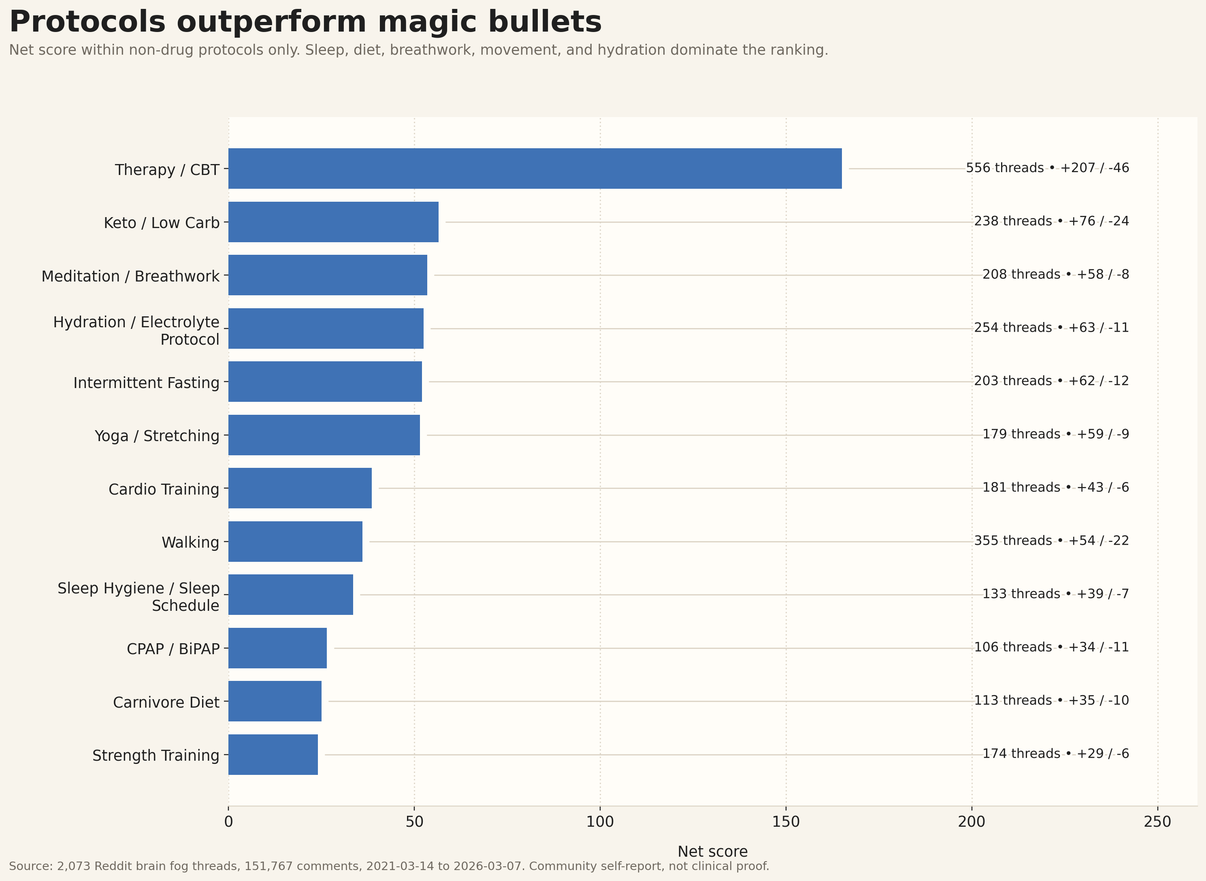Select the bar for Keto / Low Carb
point(333,222)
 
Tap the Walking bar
point(295,541)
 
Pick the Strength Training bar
point(273,755)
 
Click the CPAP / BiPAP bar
point(277,648)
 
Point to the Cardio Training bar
point(300,488)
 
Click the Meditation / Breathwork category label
point(131,276)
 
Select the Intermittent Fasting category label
point(147,383)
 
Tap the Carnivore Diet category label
point(166,702)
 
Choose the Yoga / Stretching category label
point(157,436)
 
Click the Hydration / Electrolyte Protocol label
point(136,331)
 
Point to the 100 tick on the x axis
point(600,822)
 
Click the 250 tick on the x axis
point(1157,822)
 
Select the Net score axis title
point(712,852)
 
